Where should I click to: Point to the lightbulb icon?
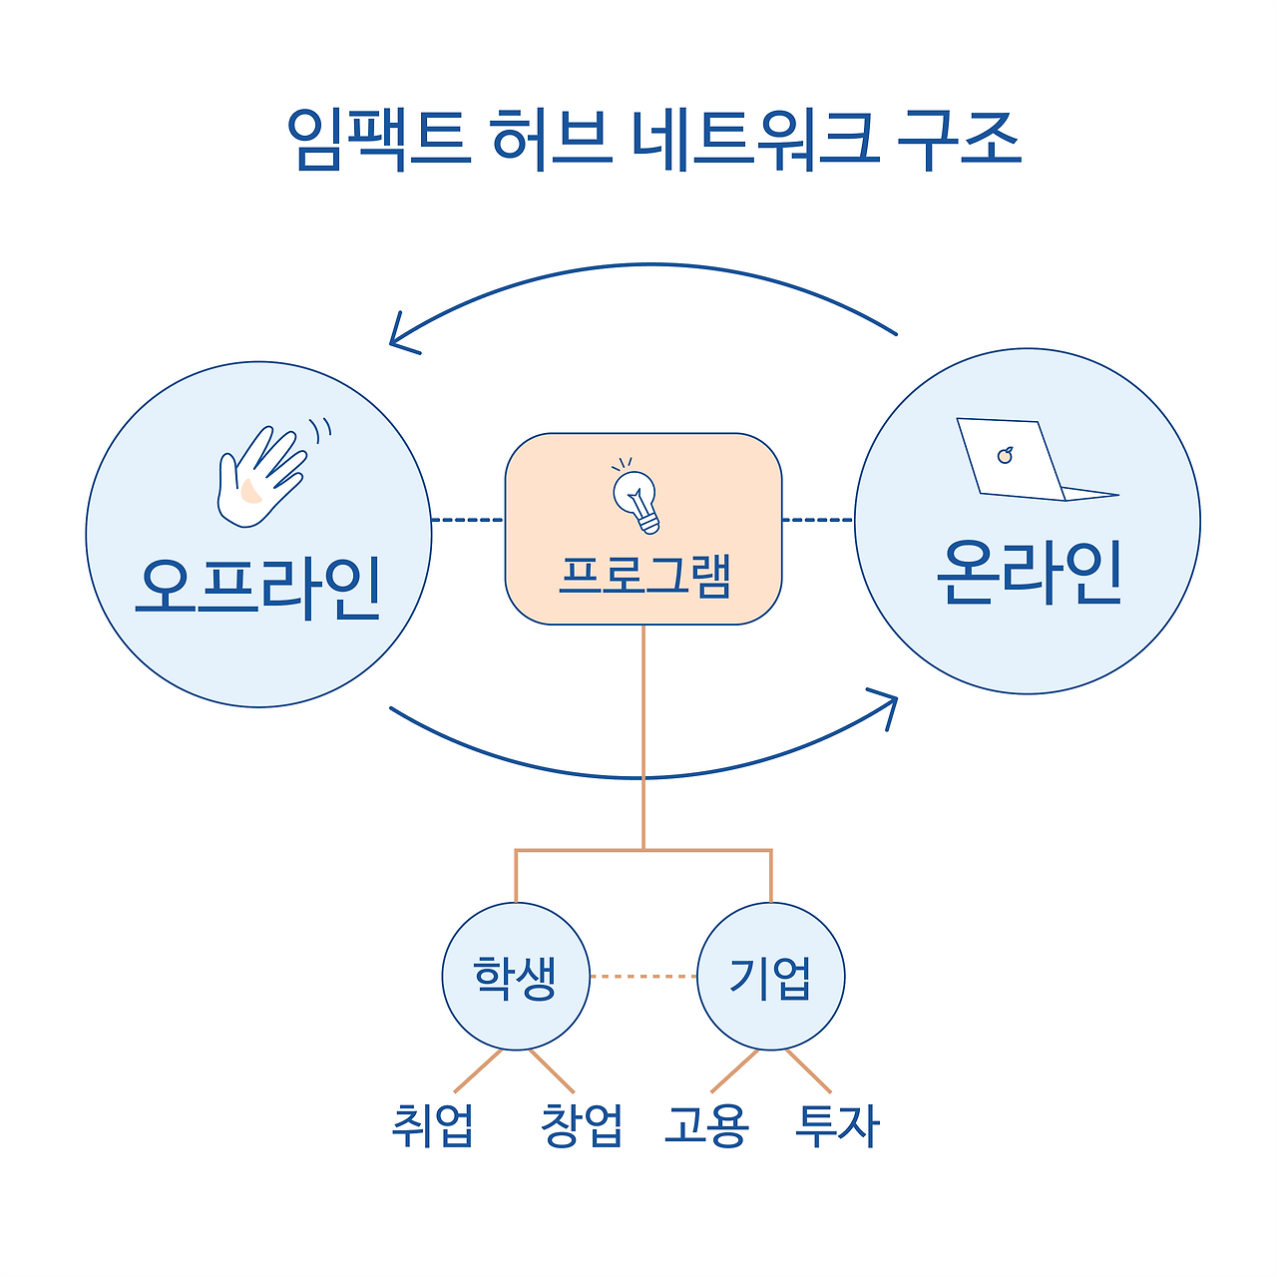(638, 498)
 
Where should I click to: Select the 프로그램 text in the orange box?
(644, 576)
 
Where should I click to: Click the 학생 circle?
(516, 977)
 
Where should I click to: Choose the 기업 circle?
(770, 977)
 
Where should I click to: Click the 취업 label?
(432, 1125)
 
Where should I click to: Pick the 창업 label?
(582, 1125)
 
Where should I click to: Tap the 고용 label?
(706, 1125)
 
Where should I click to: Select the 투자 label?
(837, 1125)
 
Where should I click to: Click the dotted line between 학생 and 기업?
(642, 977)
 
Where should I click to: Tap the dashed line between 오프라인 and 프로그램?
(467, 520)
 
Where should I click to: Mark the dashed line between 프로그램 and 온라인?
(818, 520)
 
